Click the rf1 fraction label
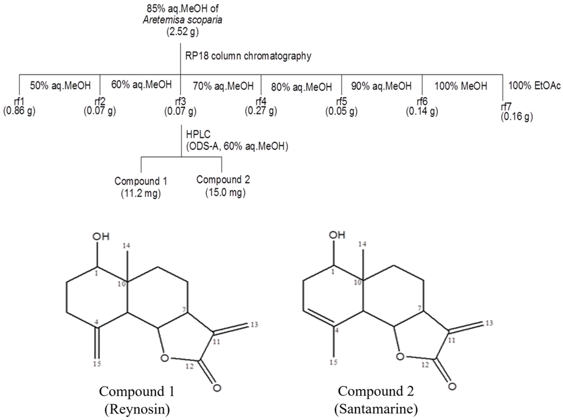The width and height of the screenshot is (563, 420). click(x=19, y=102)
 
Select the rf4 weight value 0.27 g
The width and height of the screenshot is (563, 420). click(x=261, y=111)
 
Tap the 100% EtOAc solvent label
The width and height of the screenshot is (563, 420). click(x=535, y=86)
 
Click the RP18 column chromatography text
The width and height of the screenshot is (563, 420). click(x=248, y=56)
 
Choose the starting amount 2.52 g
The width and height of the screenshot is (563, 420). click(x=182, y=32)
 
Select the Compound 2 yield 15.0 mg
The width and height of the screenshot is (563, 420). click(x=225, y=192)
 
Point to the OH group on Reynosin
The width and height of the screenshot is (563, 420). click(x=101, y=237)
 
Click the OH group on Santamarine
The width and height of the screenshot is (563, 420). click(x=337, y=235)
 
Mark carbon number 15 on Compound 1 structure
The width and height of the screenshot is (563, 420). click(x=97, y=363)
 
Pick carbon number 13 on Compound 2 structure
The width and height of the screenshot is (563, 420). click(x=489, y=323)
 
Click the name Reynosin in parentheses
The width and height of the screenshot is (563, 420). click(x=137, y=410)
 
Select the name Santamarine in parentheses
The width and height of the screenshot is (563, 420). click(x=376, y=409)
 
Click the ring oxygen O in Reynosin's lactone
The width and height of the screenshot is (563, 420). click(x=164, y=358)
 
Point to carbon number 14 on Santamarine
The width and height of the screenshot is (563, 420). click(x=362, y=244)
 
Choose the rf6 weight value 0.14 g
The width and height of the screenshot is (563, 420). click(x=422, y=111)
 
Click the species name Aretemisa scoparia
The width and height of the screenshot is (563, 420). click(x=182, y=20)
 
